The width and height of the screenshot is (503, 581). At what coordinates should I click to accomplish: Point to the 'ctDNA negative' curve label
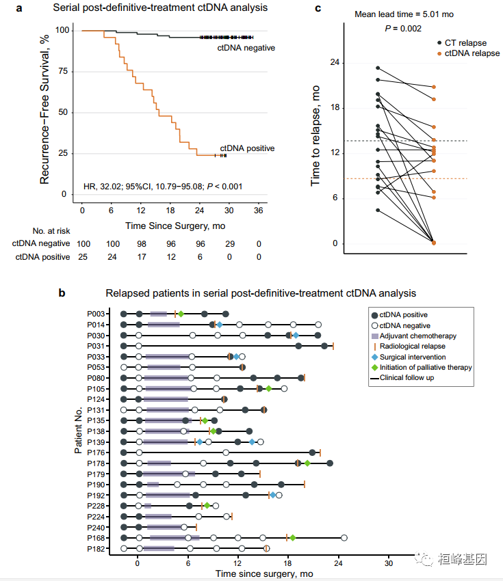[x=247, y=48]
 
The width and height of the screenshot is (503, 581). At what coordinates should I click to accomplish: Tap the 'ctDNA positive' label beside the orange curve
[x=247, y=148]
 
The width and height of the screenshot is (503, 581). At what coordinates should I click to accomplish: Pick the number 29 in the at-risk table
[x=229, y=243]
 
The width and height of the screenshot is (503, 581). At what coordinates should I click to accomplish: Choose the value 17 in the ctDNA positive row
[x=142, y=256]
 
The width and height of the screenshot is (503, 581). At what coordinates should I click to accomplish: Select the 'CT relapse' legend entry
[x=465, y=43]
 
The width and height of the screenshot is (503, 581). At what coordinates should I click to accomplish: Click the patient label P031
[x=96, y=347]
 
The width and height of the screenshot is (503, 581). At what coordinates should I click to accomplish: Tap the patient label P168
[x=96, y=538]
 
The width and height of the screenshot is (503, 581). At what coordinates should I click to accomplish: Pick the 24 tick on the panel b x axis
[x=338, y=563]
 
